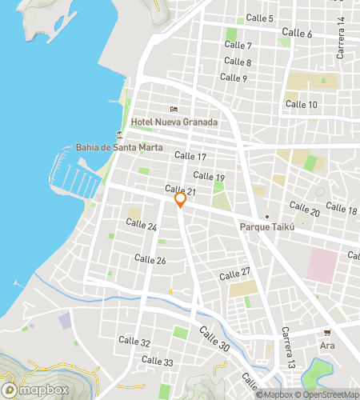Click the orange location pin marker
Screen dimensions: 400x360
coord(180,200)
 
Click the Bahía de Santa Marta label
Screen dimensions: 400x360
coord(119,148)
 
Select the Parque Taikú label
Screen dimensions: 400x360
coord(268,227)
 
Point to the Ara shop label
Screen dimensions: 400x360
coord(327,346)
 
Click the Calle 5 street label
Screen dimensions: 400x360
coord(260,18)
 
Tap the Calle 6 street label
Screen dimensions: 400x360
coord(298,34)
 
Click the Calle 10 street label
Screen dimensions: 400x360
coord(302,105)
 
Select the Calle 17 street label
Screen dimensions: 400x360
coord(190,157)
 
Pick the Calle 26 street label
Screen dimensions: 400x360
coord(150,259)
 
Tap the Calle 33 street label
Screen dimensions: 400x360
coord(158,361)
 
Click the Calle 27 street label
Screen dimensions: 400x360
coord(235,273)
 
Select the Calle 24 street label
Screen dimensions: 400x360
coord(142,226)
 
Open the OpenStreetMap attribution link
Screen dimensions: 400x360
coord(327,394)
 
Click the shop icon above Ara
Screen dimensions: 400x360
coord(327,333)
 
